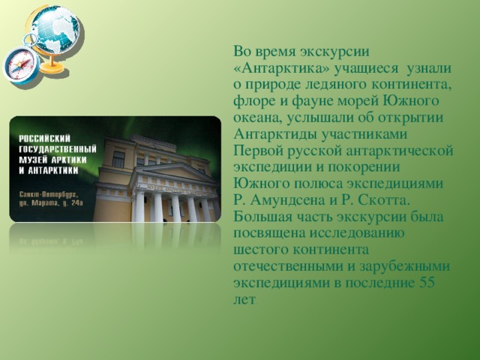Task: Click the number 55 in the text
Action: [427, 282]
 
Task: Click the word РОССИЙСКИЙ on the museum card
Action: [45, 139]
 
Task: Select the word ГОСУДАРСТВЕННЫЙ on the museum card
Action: [58, 149]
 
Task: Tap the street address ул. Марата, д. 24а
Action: [51, 203]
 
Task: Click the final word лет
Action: [244, 299]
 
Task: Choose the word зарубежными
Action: [404, 267]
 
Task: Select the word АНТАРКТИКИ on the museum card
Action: [53, 171]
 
